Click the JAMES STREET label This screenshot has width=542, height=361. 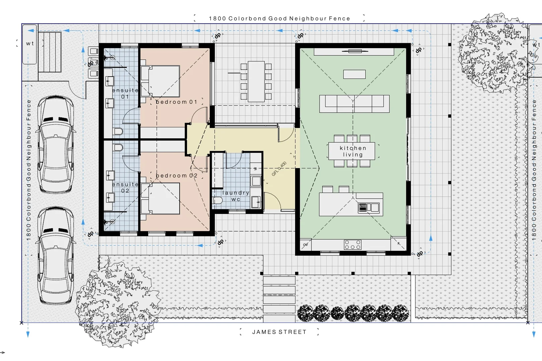(x=279, y=332)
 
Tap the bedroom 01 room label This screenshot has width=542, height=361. (x=176, y=102)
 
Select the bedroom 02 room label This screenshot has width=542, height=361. (x=176, y=175)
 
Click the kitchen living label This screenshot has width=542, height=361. (x=353, y=151)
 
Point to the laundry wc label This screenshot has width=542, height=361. (x=236, y=196)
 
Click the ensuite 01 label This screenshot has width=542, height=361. (x=125, y=93)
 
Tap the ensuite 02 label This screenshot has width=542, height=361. (x=125, y=188)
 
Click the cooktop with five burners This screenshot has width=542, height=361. (x=353, y=245)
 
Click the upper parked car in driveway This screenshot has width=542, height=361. (x=56, y=144)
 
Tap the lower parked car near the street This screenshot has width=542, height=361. (x=56, y=256)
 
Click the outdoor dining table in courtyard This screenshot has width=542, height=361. (x=256, y=82)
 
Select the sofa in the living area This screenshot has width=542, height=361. (x=354, y=103)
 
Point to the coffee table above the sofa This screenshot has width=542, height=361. (x=354, y=74)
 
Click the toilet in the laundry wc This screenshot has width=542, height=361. (x=217, y=200)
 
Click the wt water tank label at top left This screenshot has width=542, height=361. (x=30, y=43)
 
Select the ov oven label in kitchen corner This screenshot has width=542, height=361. (x=305, y=245)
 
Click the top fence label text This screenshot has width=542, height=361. (x=279, y=18)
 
